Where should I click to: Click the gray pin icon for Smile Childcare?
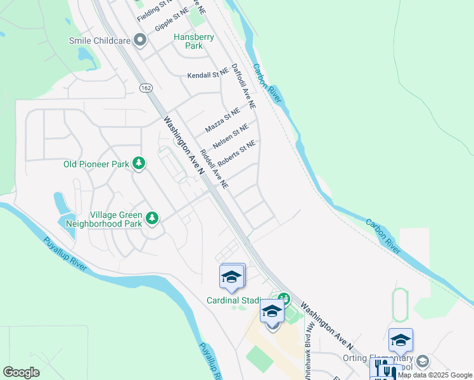(x=140, y=41)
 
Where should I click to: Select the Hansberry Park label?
(x=194, y=41)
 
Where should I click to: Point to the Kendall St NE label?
(x=207, y=75)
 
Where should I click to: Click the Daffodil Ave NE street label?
(x=243, y=85)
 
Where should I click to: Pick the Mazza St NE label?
(x=222, y=121)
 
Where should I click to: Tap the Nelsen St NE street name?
(x=231, y=136)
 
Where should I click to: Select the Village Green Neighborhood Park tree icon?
(x=151, y=218)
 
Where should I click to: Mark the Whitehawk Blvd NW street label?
(x=309, y=349)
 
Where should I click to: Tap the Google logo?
(x=22, y=372)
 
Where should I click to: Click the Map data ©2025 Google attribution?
(x=435, y=375)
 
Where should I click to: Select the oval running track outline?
(x=400, y=305)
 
